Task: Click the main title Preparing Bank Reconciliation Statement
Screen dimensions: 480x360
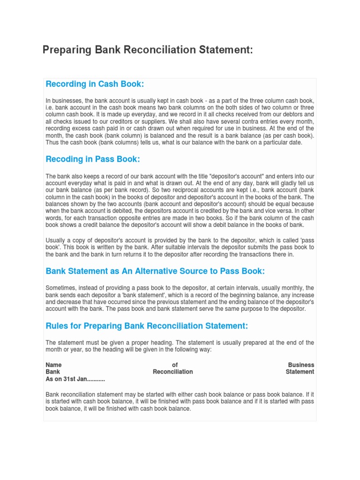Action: click(148, 50)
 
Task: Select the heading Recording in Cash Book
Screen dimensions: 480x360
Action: click(95, 84)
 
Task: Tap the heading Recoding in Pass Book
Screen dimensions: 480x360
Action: click(93, 159)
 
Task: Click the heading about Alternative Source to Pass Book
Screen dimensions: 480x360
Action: click(155, 271)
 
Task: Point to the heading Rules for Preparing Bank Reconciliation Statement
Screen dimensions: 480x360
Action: click(147, 326)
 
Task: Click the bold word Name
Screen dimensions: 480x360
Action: click(53, 365)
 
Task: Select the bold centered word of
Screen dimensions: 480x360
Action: click(175, 365)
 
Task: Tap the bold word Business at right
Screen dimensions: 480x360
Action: click(301, 365)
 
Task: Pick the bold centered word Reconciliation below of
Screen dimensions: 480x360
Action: click(173, 372)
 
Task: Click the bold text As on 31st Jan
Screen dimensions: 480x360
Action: click(75, 379)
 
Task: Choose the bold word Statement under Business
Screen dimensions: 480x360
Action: click(300, 372)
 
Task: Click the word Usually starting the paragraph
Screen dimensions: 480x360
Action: click(56, 240)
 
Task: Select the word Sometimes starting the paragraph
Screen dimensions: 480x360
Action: click(61, 288)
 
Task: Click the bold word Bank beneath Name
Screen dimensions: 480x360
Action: click(52, 372)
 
